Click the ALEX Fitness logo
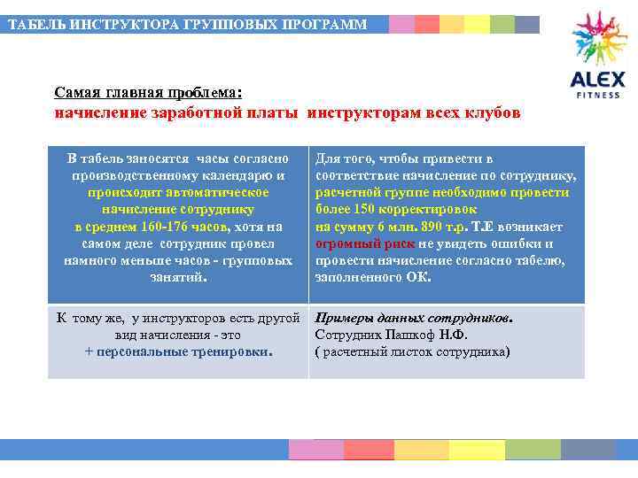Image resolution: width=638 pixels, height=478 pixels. (599, 54)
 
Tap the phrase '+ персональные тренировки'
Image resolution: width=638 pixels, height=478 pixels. (178, 351)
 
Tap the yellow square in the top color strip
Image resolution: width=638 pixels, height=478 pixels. (477, 24)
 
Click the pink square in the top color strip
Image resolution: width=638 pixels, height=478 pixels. (401, 24)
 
